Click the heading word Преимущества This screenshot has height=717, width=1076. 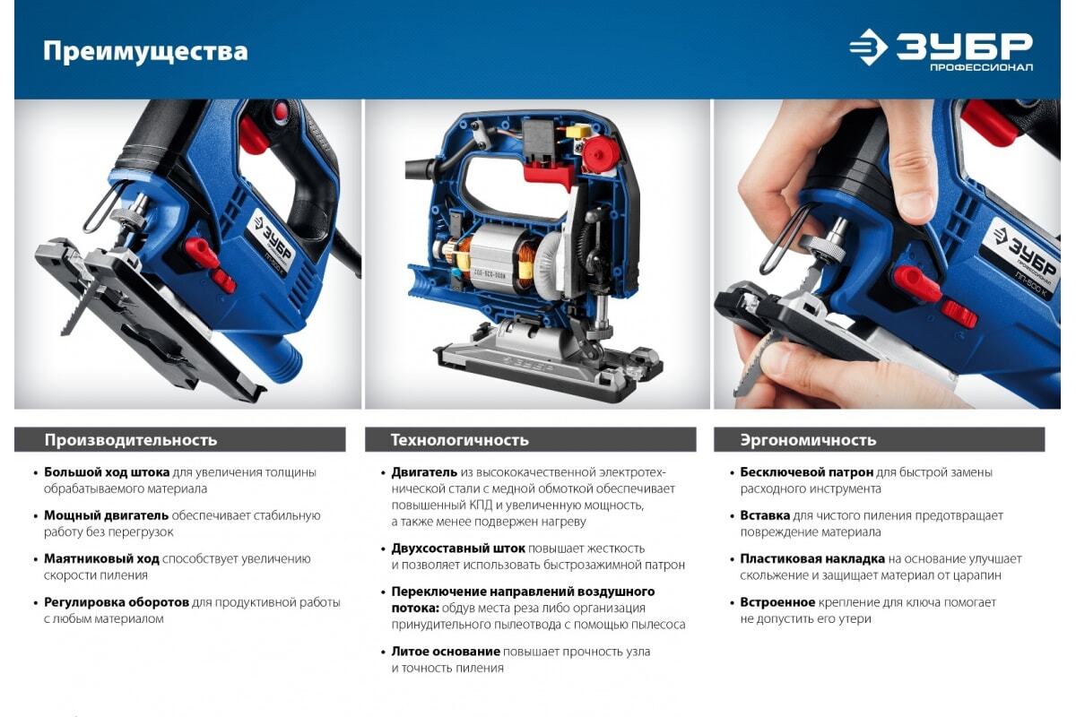tap(145, 52)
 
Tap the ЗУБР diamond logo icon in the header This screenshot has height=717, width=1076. tap(869, 47)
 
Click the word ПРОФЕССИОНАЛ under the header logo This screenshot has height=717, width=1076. tap(982, 67)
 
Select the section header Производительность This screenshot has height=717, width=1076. tap(131, 440)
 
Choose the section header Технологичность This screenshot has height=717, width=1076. tap(460, 440)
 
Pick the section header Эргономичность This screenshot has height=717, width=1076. tap(809, 440)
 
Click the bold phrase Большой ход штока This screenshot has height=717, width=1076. tap(107, 472)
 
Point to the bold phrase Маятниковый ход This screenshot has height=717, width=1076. tap(101, 558)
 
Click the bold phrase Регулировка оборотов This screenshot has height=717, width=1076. tap(117, 602)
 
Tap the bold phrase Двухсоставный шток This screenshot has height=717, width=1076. tap(458, 548)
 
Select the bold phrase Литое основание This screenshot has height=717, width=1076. tap(446, 652)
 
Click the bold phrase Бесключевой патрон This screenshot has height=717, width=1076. tap(806, 472)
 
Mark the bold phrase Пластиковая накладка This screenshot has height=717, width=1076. tap(812, 558)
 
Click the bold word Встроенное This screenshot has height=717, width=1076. tap(777, 602)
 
